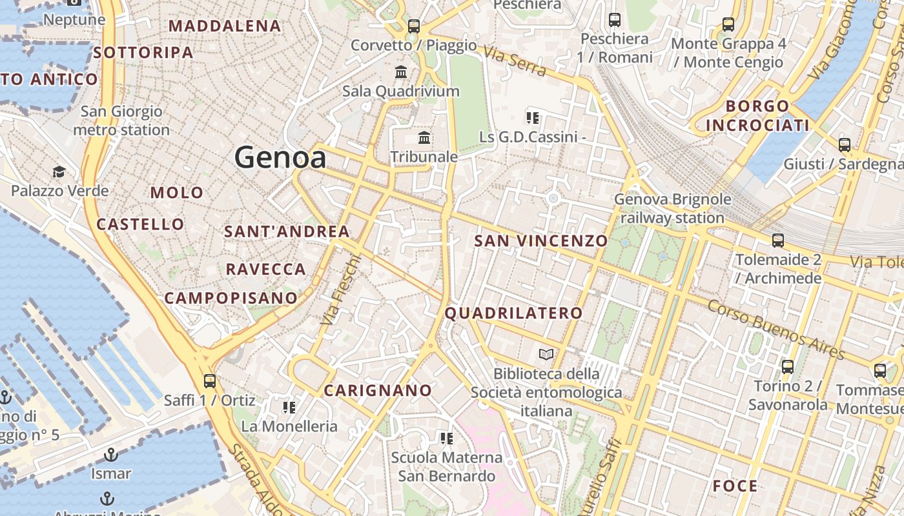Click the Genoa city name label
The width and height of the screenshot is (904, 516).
pos(280,157)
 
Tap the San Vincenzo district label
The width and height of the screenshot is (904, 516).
pos(541,241)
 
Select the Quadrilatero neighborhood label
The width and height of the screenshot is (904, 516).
pos(514,313)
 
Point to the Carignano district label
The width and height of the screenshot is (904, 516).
pos(378,390)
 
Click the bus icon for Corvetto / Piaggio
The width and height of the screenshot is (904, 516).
pos(414,26)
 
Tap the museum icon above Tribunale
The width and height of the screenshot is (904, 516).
pos(424,137)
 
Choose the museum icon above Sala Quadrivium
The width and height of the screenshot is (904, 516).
pos(401,72)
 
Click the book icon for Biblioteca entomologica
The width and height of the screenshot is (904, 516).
pos(546,354)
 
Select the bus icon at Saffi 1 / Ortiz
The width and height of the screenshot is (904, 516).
pos(209,381)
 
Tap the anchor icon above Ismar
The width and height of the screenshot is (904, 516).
pos(111,455)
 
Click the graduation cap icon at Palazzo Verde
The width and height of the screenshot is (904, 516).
pos(59,172)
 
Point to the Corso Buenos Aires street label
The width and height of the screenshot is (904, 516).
pos(776,330)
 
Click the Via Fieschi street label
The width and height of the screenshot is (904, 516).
pos(340,288)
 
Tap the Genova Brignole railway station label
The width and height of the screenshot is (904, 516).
pos(672,208)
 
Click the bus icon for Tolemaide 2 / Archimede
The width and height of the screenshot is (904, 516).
pos(778,241)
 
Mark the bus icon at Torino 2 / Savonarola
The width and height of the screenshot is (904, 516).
pos(788,367)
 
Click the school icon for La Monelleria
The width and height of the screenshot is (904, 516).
pos(289,407)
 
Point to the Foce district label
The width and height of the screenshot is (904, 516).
pos(735,486)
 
